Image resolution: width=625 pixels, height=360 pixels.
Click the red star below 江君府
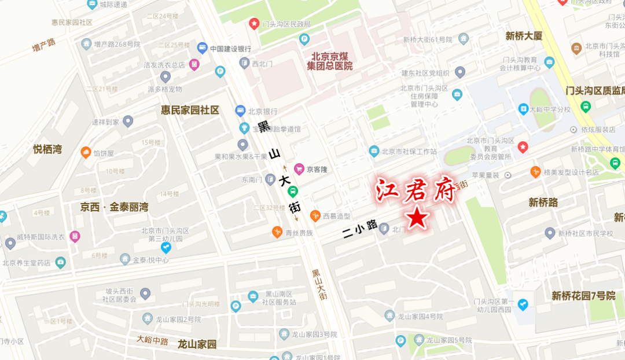(418, 218)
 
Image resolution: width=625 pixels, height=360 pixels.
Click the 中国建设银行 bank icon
(202, 48)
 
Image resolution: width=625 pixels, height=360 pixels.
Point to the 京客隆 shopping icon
(299, 169)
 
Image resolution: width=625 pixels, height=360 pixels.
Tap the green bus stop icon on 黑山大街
(293, 192)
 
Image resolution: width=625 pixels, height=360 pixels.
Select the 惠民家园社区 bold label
(190, 110)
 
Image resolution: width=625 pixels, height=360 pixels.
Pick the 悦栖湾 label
(47, 149)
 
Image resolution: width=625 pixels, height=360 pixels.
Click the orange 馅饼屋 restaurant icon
(86, 153)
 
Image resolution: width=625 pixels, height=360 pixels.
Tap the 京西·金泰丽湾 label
(114, 207)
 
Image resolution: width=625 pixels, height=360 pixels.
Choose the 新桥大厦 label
(524, 36)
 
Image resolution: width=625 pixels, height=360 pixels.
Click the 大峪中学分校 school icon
(523, 109)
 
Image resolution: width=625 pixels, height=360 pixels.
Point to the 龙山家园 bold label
(197, 344)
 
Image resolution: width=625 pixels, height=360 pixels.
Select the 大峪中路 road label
(153, 340)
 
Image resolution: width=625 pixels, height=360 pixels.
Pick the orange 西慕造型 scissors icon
(315, 216)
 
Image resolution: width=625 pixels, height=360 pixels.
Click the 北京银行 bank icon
(240, 111)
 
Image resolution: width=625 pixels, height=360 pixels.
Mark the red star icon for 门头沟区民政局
(253, 24)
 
